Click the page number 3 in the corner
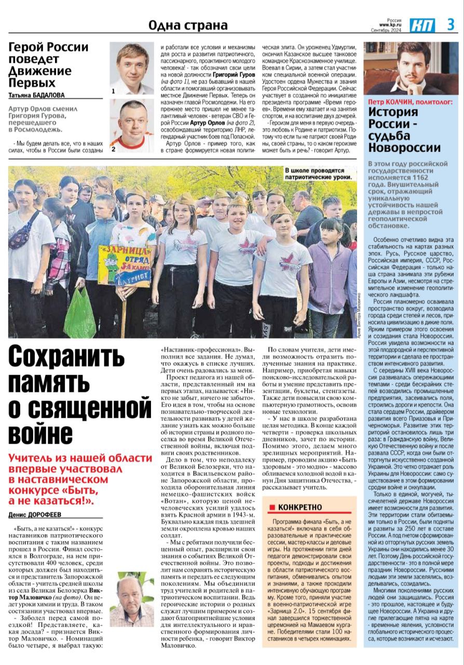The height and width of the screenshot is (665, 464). point(451,24)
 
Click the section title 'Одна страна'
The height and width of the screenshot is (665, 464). point(188,25)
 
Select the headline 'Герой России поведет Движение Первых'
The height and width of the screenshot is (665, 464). point(49,65)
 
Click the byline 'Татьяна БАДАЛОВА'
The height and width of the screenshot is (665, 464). point(37,95)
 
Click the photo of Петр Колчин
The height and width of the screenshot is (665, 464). point(413,68)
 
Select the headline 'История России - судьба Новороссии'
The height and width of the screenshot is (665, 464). point(404,130)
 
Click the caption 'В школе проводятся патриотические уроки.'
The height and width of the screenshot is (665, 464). point(318,174)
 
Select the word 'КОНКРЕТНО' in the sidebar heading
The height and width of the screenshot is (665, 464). point(300,508)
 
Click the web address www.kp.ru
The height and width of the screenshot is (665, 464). point(391,24)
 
